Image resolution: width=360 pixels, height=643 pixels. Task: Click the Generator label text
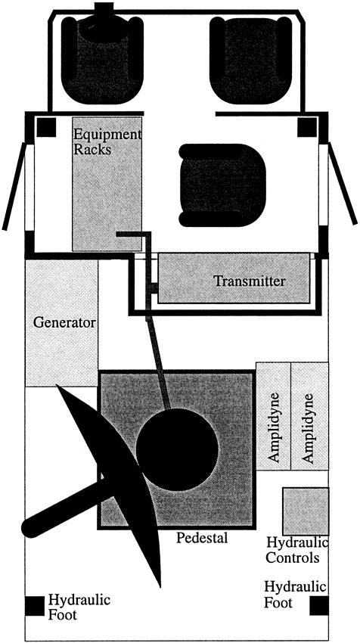point(64,322)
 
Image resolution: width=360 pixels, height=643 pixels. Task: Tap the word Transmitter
point(250,281)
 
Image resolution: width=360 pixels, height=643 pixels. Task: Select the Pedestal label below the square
point(202,538)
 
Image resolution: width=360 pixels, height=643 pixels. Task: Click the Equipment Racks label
point(106,142)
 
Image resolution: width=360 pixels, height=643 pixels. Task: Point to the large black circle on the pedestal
point(177,449)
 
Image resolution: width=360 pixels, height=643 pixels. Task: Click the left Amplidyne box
point(274,416)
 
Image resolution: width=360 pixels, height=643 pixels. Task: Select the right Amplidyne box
point(309,416)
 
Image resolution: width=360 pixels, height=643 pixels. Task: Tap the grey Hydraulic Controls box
point(306,511)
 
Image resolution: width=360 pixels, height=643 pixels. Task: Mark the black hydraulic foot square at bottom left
point(35,606)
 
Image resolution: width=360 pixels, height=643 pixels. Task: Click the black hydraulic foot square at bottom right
point(319,606)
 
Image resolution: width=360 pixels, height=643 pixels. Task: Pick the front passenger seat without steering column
point(250,61)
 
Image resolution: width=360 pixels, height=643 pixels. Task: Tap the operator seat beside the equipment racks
point(222,185)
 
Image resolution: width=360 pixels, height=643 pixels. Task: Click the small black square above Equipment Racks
point(46,127)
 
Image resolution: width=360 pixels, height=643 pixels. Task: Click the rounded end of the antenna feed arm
point(31,527)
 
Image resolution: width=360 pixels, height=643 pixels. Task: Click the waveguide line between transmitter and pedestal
point(158,362)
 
